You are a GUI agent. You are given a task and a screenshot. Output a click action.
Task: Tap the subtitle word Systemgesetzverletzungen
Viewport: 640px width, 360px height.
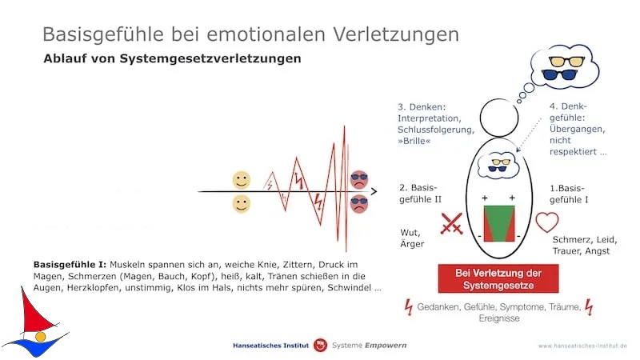point(210,58)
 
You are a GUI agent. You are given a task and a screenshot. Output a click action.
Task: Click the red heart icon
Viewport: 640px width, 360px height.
point(547,222)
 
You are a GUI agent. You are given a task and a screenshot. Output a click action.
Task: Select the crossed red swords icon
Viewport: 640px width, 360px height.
point(452,223)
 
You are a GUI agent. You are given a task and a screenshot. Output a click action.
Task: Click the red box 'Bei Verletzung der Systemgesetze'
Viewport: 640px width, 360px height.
point(498,278)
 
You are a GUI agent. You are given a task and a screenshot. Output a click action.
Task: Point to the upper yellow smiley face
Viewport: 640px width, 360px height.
point(242,180)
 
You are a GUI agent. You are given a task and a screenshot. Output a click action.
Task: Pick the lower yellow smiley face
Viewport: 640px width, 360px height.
point(242,204)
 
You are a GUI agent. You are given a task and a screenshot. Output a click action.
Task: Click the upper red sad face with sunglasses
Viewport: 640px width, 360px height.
point(359,179)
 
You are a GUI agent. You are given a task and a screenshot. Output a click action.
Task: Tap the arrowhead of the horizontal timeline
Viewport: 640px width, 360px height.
point(374,191)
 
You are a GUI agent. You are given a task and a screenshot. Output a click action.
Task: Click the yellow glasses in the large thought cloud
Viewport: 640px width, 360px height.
point(566,62)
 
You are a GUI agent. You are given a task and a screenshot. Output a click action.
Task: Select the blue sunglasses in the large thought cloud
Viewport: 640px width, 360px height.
point(559,74)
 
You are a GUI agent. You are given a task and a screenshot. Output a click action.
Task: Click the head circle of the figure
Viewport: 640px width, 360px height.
point(499,118)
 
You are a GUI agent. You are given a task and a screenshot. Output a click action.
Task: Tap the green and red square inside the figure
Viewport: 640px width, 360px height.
point(499,224)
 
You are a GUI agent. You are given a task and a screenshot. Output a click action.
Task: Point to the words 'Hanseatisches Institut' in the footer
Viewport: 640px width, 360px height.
point(270,346)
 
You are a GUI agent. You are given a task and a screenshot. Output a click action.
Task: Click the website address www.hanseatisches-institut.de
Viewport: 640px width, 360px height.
point(582,346)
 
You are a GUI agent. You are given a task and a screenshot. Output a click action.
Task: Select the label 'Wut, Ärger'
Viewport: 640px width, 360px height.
point(412,238)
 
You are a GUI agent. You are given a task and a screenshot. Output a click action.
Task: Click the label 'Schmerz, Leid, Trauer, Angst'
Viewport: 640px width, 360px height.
point(585,246)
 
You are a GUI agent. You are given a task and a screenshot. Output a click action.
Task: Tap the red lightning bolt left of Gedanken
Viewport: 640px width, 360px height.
point(409,307)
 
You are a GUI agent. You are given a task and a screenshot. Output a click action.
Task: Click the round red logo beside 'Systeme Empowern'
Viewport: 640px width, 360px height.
point(321,346)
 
